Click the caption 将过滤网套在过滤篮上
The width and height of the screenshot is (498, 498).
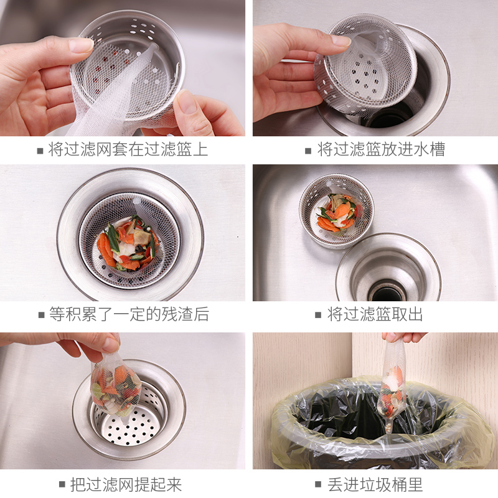point(128,149)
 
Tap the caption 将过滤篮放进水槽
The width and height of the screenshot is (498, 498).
point(381,149)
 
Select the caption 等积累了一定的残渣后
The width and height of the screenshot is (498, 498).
point(129,314)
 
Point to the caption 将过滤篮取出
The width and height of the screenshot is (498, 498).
point(375,314)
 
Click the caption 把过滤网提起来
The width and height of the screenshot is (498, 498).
point(126,485)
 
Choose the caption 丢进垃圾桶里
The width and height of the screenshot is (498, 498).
point(375,485)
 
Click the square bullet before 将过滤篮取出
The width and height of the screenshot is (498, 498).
point(318,315)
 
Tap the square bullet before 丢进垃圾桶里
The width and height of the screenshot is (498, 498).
point(318,485)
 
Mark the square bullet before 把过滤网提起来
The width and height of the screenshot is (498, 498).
point(62,485)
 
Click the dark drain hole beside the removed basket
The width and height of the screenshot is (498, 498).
point(387,291)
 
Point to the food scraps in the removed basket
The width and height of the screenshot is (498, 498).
point(338,212)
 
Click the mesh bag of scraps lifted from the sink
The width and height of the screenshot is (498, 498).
point(116,387)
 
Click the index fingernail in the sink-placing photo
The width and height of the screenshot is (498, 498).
point(341,40)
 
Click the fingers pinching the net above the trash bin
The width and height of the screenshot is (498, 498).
point(403,337)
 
